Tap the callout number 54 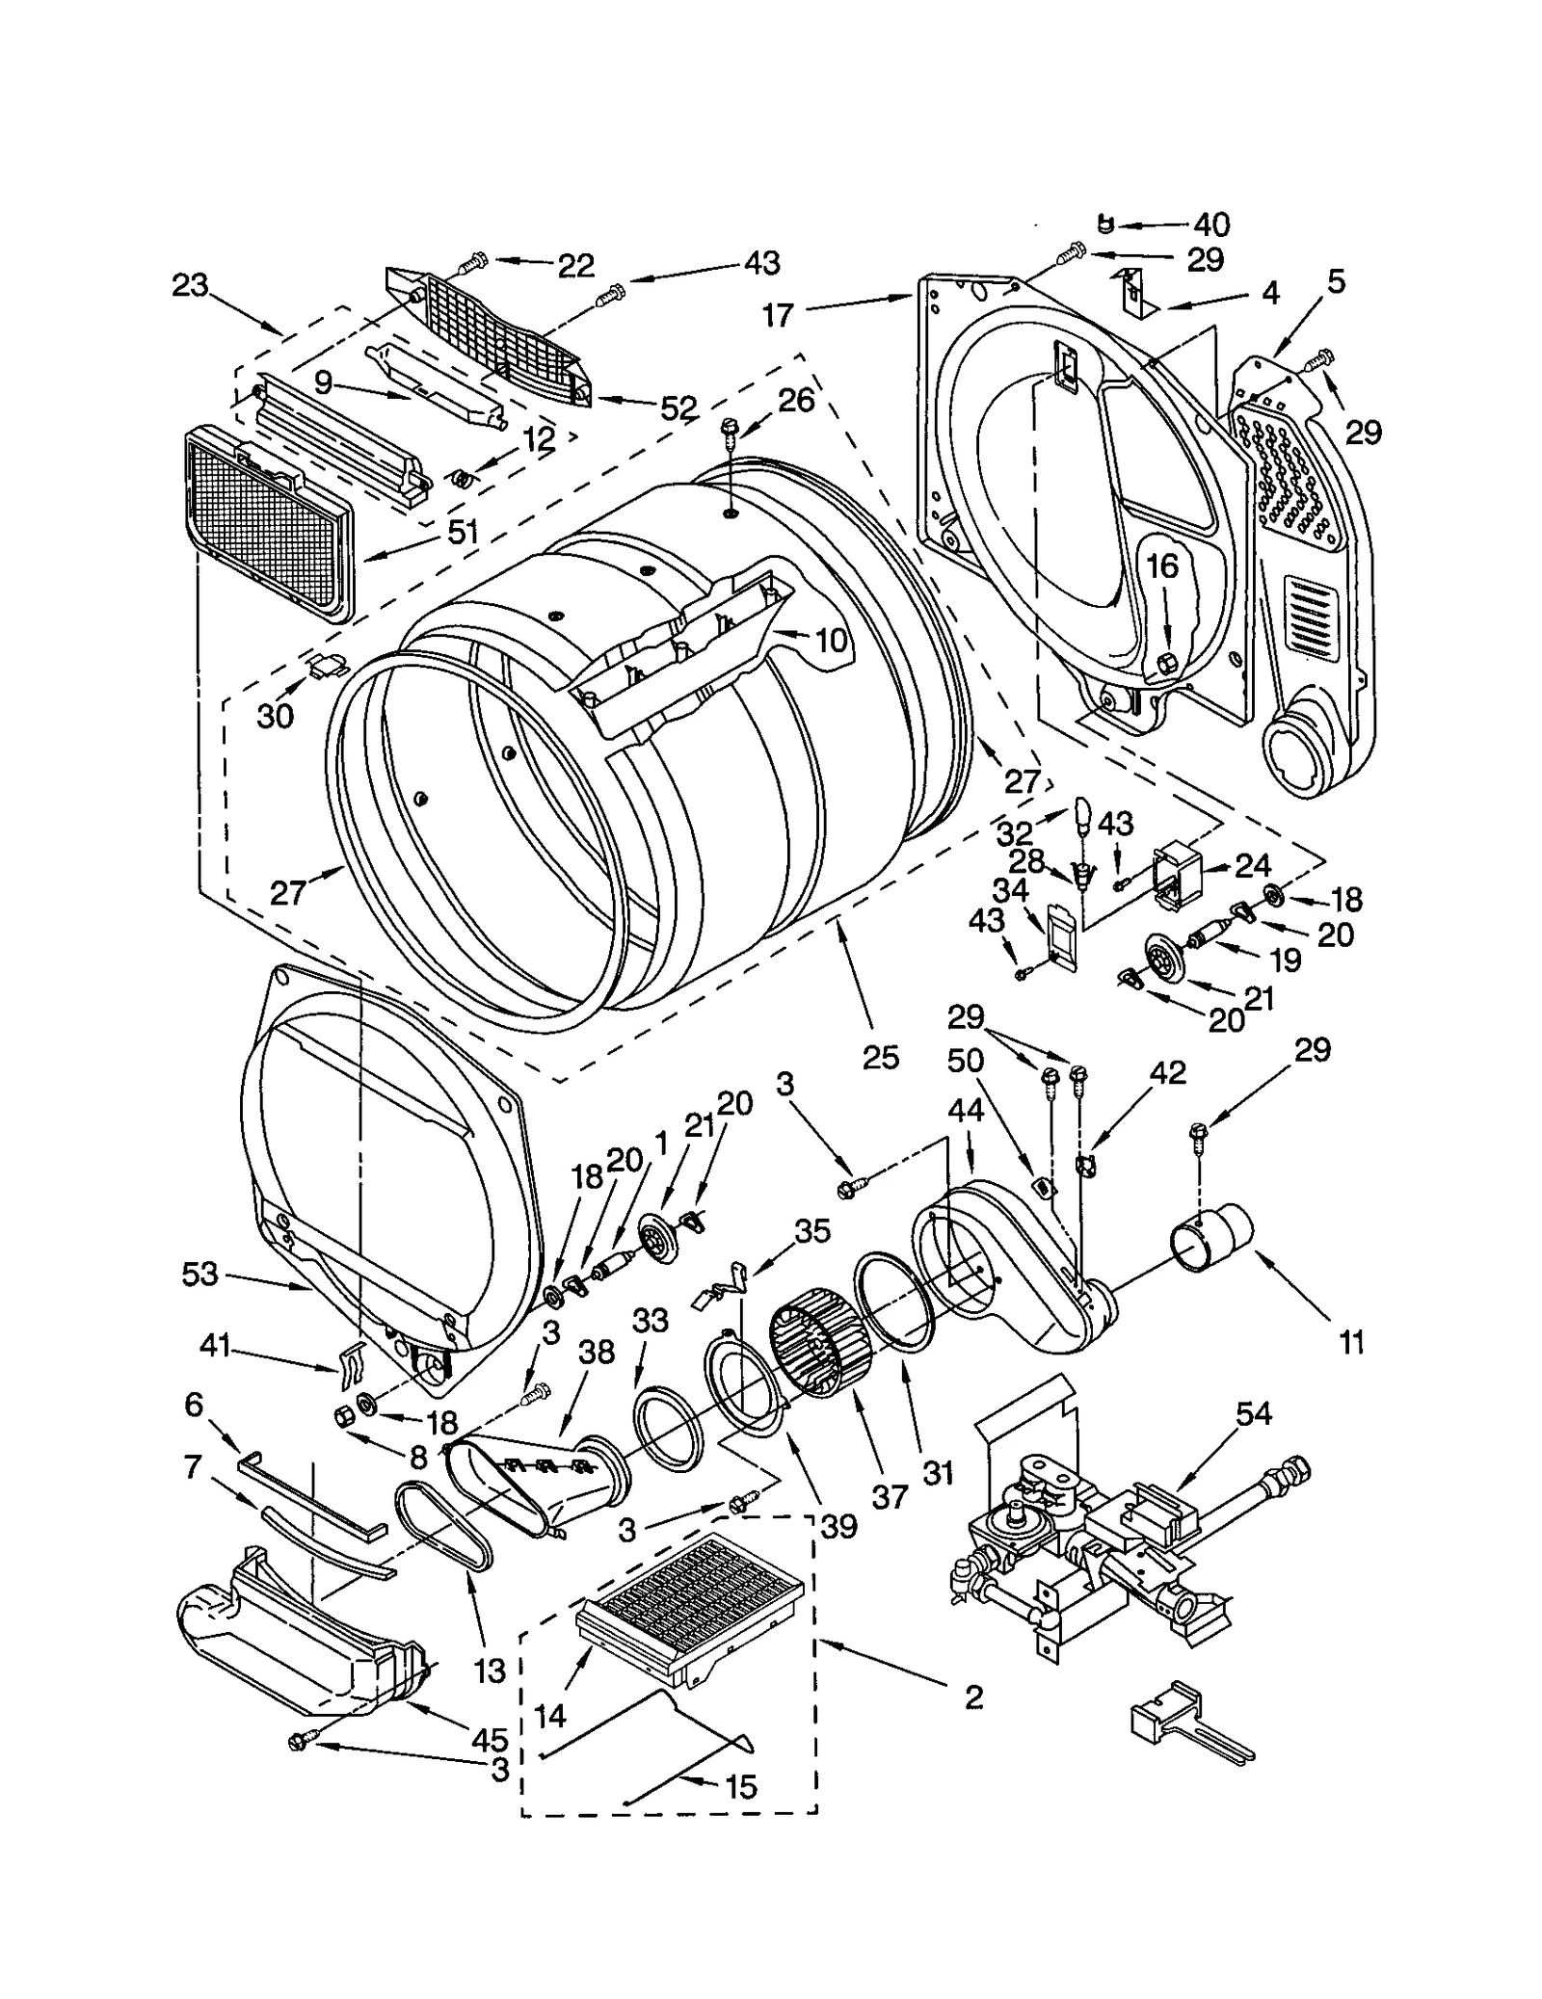(1253, 1413)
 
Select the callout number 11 (1351, 1343)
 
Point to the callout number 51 (463, 531)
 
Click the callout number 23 (190, 285)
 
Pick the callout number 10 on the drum (831, 640)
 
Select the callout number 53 (200, 1275)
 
